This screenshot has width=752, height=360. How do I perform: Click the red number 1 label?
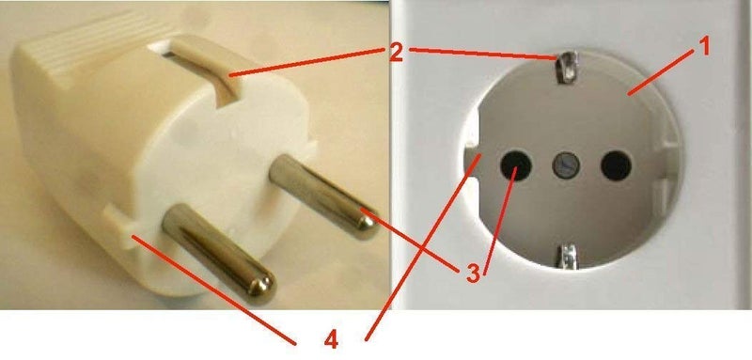[x=703, y=48]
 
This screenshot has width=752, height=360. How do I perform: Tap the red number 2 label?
[x=396, y=54]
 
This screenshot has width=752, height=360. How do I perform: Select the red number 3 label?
[x=473, y=274]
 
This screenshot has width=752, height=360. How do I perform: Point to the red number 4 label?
[x=332, y=340]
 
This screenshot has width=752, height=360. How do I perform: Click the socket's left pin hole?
[x=515, y=165]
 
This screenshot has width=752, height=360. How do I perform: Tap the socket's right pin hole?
[x=616, y=165]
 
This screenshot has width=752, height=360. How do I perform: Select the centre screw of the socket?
[x=566, y=165]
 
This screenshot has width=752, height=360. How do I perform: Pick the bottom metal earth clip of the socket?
[x=567, y=256]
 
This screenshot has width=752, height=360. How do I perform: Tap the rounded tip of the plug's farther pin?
[x=368, y=227]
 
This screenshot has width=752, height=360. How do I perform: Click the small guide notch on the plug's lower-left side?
[x=121, y=226]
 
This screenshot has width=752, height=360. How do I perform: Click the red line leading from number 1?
[x=662, y=70]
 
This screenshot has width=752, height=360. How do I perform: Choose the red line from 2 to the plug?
[x=307, y=62]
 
